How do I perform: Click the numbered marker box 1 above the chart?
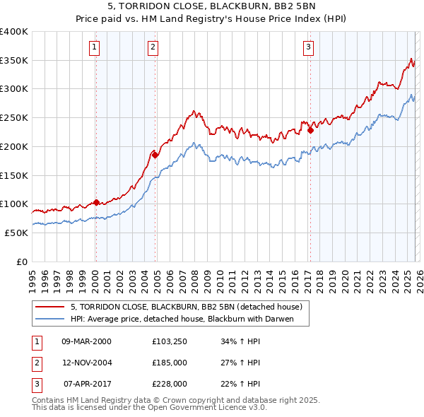pos(95,47)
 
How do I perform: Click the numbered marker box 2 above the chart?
pos(153,47)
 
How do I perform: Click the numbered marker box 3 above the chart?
pos(309,47)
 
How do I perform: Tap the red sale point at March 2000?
pos(96,202)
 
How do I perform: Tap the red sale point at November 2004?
pos(155,155)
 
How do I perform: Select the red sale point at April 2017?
pos(310,130)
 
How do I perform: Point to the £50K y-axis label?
pos(16,233)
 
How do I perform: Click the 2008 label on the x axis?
pos(194,276)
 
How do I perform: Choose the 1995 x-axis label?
pos(32,276)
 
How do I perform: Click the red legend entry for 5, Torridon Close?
pos(187,307)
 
